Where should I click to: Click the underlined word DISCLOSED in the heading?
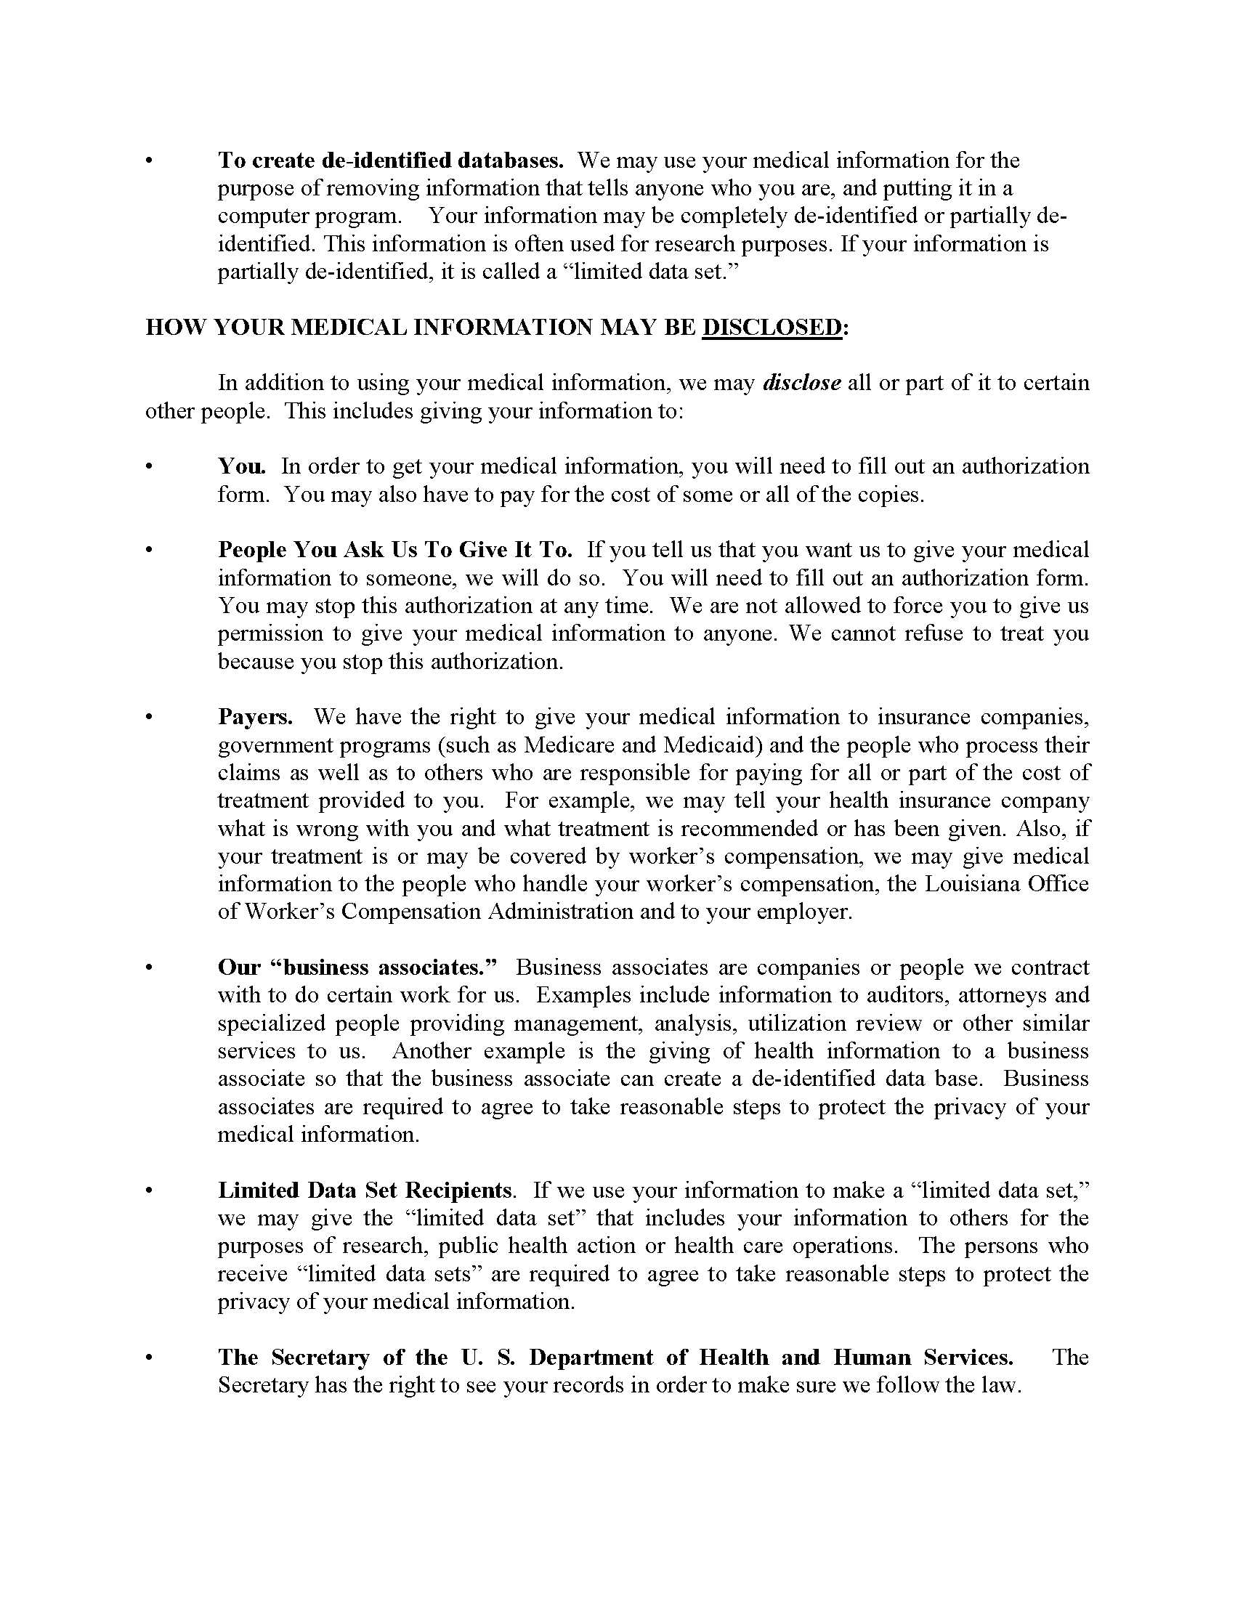pyautogui.click(x=772, y=327)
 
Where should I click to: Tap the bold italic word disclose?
pyautogui.click(x=801, y=383)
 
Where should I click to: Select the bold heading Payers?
pyautogui.click(x=254, y=717)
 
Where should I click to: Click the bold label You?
pyautogui.click(x=240, y=466)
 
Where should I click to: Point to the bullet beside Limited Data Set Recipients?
pyautogui.click(x=150, y=1191)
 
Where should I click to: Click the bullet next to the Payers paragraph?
pyautogui.click(x=150, y=717)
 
